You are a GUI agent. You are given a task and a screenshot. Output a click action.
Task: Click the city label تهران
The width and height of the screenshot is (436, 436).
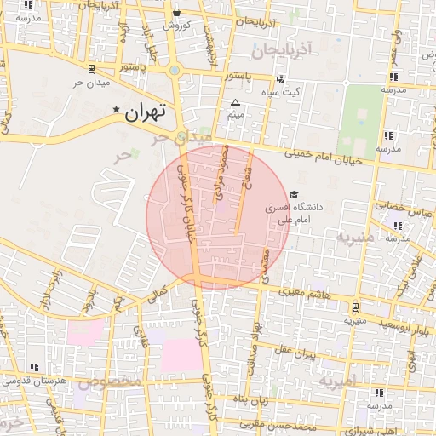click(145, 112)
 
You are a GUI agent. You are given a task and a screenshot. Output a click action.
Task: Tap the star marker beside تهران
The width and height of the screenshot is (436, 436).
click(117, 110)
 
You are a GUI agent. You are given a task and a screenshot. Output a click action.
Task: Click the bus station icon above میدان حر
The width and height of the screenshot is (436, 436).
click(91, 68)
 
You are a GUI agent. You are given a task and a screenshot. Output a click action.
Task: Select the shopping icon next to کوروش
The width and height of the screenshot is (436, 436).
click(176, 13)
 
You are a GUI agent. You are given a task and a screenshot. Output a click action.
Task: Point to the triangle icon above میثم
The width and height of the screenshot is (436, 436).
click(236, 102)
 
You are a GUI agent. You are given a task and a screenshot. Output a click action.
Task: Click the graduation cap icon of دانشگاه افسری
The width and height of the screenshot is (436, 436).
click(294, 195)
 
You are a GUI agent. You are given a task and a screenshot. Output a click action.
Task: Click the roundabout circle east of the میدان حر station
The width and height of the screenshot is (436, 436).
click(175, 72)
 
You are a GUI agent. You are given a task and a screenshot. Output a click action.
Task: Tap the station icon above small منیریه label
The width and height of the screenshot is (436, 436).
click(354, 307)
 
